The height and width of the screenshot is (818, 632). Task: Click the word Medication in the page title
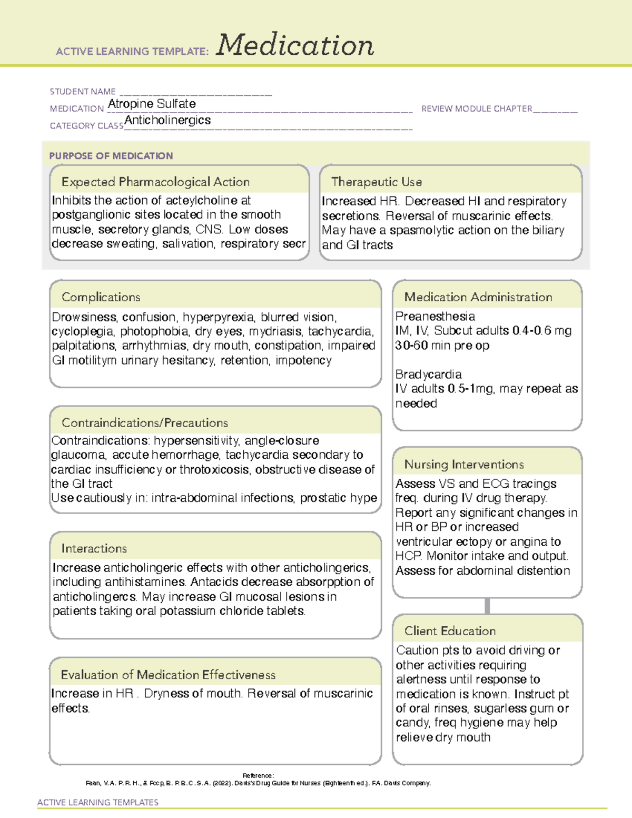coord(295,45)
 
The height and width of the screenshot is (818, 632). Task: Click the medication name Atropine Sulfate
coord(152,104)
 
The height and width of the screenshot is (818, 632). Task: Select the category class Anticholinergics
coord(167,120)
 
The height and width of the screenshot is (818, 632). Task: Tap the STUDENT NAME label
coord(83,92)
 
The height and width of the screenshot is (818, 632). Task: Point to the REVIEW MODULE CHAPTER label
coord(477,109)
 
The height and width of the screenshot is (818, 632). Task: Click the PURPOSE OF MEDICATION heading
coord(111,156)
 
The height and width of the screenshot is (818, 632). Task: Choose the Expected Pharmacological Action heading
coord(155,182)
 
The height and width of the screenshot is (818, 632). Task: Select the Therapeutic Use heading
coord(377,182)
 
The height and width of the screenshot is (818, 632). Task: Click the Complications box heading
coord(101,297)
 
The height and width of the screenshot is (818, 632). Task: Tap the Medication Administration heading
coord(478,297)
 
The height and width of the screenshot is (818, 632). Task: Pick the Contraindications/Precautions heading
coord(145,422)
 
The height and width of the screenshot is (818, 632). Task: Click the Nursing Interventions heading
coord(464,464)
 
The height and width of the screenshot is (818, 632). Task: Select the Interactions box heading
coord(94,548)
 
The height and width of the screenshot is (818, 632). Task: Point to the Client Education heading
coord(450,630)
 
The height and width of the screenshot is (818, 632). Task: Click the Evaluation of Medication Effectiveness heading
coord(168,675)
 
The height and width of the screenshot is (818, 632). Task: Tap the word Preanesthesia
coord(435,316)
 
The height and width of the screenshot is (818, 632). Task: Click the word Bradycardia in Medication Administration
coord(429,374)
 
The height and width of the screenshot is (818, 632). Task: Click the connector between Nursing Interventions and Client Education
coord(487,606)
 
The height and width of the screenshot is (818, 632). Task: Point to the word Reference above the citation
coord(258,775)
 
